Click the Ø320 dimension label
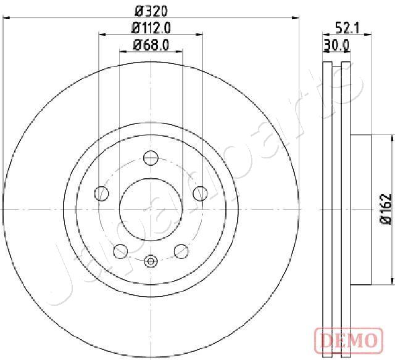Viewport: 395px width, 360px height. coord(151,11)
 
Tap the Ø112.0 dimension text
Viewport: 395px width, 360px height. coord(151,28)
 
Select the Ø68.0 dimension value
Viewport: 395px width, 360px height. coord(151,45)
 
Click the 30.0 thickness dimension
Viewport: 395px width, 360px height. coord(336,46)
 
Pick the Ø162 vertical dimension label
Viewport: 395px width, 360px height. coord(386,209)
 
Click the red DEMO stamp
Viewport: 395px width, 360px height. coord(349,340)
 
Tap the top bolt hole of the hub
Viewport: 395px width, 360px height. coord(151,158)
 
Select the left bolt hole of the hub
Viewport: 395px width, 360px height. coord(101,194)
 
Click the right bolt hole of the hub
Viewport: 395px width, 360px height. coord(200,194)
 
